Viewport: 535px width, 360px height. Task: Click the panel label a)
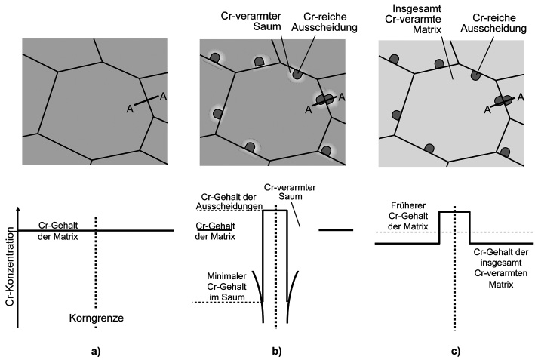click(x=96, y=350)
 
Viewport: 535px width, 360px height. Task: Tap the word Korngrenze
click(x=97, y=318)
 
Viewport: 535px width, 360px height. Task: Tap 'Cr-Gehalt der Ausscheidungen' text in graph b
click(x=226, y=202)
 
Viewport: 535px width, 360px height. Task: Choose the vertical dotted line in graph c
click(x=454, y=287)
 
